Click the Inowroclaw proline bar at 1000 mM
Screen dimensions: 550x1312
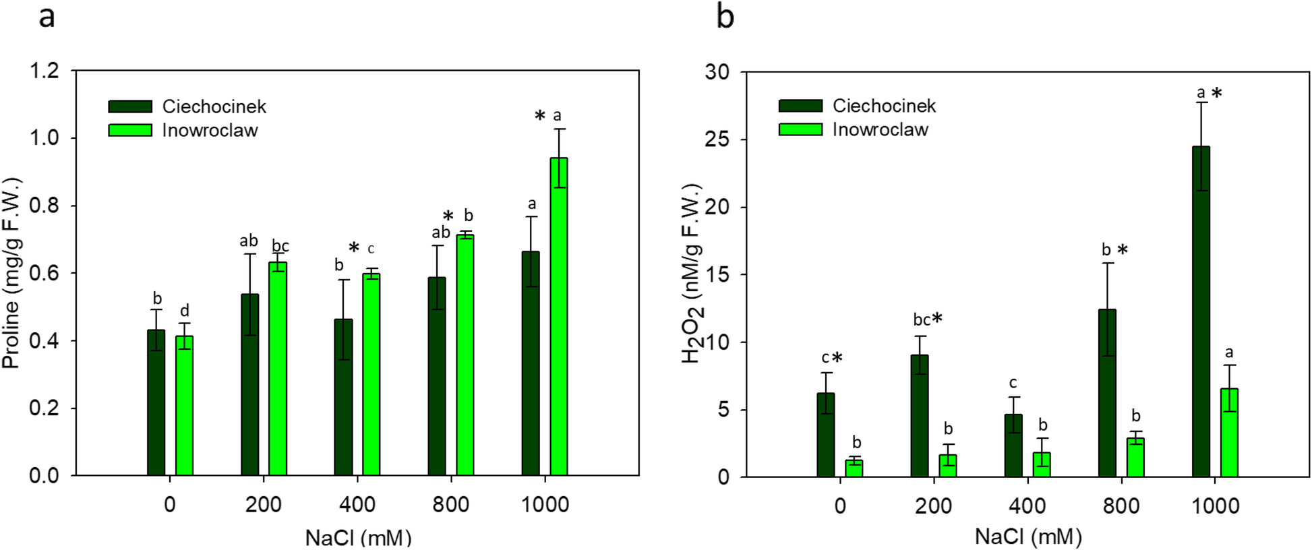pyautogui.click(x=558, y=317)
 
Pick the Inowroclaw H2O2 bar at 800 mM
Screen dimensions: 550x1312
pyautogui.click(x=1135, y=458)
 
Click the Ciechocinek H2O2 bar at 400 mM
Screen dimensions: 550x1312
pyautogui.click(x=1013, y=446)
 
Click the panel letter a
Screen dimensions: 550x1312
pyautogui.click(x=47, y=16)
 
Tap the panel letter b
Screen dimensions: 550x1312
pyautogui.click(x=725, y=16)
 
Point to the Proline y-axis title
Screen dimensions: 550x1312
pyautogui.click(x=11, y=273)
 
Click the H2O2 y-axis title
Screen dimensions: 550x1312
pyautogui.click(x=692, y=273)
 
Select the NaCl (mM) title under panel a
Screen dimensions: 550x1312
pyautogui.click(x=358, y=538)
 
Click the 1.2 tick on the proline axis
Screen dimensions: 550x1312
pyautogui.click(x=44, y=70)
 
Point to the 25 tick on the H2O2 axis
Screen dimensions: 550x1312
pyautogui.click(x=717, y=140)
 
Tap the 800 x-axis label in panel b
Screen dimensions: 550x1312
pyautogui.click(x=1121, y=506)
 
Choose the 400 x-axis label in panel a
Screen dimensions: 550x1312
pyautogui.click(x=357, y=504)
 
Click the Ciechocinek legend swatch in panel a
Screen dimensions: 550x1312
pyautogui.click(x=130, y=106)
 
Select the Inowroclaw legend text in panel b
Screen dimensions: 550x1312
pyautogui.click(x=880, y=129)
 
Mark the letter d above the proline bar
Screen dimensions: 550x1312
pyautogui.click(x=185, y=311)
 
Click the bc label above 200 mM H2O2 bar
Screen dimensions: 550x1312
pyautogui.click(x=922, y=320)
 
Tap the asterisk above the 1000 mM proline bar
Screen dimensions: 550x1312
pyautogui.click(x=540, y=117)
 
